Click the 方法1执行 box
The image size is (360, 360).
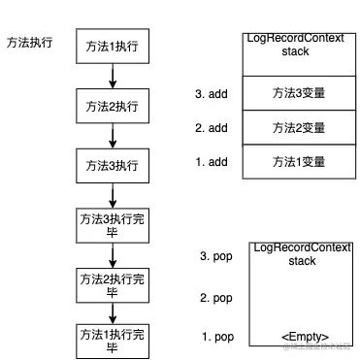pos(112,47)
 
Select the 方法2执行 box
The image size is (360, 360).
pos(112,105)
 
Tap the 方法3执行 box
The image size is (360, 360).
pos(112,163)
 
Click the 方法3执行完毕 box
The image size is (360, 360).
pos(112,225)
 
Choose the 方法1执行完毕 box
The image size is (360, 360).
pos(112,341)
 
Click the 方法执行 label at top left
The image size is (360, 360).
pos(29,44)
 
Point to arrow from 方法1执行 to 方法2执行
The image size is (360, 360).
pos(112,76)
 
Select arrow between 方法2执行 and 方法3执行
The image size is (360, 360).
pos(112,134)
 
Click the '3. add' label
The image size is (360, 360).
pos(212,94)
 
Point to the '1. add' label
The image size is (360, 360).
pos(212,160)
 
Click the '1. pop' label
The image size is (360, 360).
pos(217,337)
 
